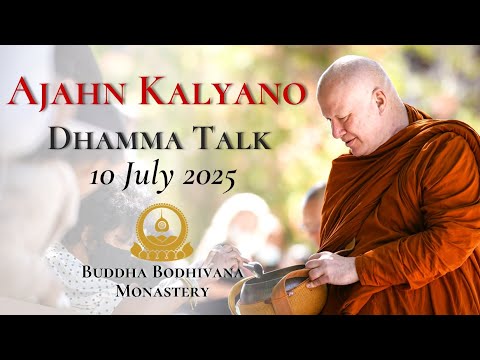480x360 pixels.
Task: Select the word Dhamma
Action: [119, 142]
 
